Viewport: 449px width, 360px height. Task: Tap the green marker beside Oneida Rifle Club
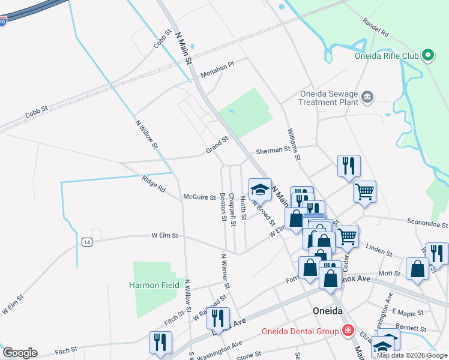click(x=428, y=56)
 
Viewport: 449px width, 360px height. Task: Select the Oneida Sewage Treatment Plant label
click(x=330, y=98)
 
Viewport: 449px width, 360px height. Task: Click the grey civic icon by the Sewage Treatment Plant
click(x=368, y=96)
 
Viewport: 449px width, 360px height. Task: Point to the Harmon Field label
click(x=154, y=285)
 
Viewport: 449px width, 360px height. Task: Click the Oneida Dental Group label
click(x=300, y=331)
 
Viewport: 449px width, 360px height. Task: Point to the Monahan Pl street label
click(x=217, y=68)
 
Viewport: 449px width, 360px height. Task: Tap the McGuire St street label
click(x=199, y=196)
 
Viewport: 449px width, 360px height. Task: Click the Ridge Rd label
click(x=154, y=184)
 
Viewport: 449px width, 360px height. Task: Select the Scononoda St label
click(x=427, y=223)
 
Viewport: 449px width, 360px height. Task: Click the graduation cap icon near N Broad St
click(x=260, y=190)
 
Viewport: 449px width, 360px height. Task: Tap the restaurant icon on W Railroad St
click(x=218, y=317)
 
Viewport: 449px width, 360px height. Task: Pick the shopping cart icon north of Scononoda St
click(x=364, y=192)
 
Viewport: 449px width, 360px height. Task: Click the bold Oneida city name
click(x=328, y=311)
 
